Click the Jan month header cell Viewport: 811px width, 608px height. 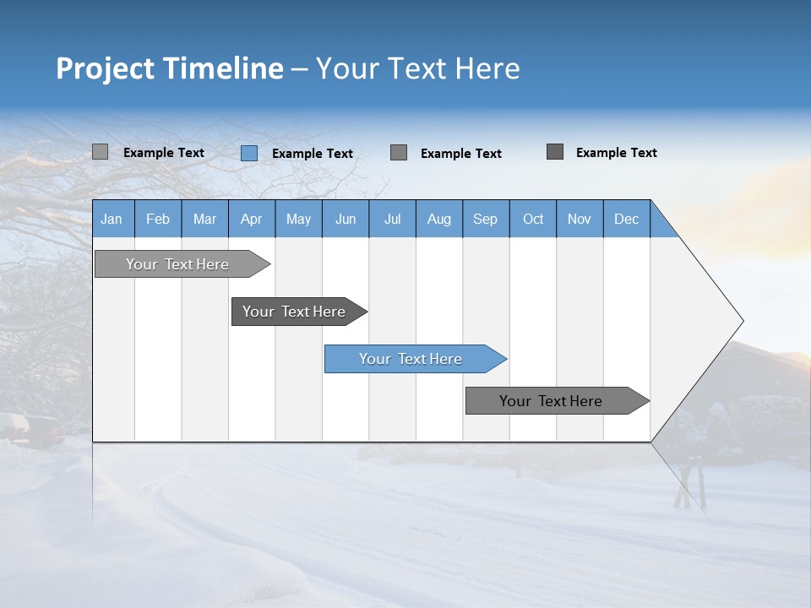112,219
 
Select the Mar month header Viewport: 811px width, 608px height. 204,219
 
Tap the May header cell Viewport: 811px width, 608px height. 298,219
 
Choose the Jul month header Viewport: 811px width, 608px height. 392,219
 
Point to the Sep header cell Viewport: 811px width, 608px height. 485,219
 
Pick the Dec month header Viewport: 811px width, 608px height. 626,219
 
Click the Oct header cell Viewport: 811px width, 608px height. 532,219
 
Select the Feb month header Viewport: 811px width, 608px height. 158,219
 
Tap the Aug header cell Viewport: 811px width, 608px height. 438,219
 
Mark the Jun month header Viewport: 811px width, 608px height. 345,219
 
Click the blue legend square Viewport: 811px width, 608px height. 249,153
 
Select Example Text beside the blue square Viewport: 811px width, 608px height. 312,154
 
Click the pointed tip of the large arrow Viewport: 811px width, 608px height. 739,321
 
